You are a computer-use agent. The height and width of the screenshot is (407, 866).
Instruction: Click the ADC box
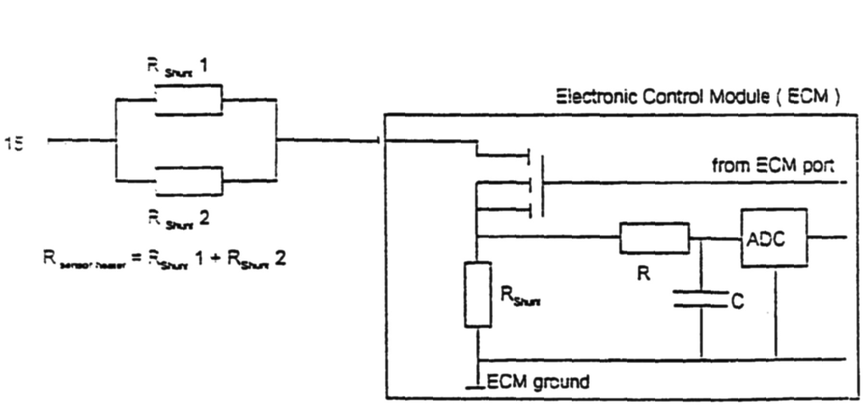click(773, 238)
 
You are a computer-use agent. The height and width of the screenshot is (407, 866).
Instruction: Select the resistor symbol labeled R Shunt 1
click(188, 100)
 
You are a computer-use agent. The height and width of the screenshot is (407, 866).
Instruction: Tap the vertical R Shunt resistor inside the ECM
click(478, 294)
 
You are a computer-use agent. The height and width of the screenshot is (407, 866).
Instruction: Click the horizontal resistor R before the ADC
click(655, 238)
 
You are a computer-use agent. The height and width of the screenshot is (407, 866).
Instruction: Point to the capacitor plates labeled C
click(701, 298)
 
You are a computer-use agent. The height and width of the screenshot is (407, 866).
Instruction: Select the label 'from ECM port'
click(772, 166)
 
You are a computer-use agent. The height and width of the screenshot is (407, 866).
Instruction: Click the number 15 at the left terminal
click(14, 143)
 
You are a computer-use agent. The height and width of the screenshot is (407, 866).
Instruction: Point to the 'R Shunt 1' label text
click(177, 67)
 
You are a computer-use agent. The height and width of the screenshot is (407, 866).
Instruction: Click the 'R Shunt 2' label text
click(178, 219)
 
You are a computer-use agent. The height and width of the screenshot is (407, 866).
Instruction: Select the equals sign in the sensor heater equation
click(136, 258)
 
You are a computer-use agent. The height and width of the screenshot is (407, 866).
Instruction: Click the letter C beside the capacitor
click(737, 301)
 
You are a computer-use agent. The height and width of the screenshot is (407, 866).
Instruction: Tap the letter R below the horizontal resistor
click(643, 274)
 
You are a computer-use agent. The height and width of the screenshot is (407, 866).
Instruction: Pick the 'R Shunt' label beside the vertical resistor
click(520, 295)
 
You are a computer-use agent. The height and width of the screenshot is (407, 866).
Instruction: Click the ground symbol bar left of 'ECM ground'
click(475, 387)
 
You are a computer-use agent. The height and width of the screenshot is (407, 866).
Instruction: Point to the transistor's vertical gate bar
click(543, 186)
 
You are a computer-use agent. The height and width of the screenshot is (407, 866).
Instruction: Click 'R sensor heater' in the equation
click(84, 260)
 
